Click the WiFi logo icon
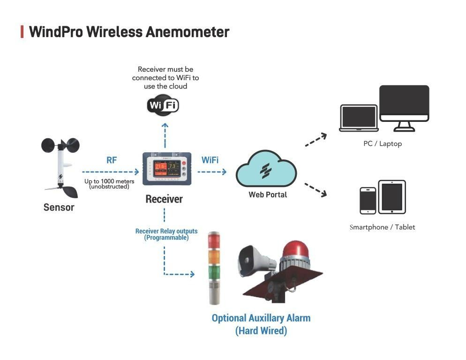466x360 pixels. point(163,105)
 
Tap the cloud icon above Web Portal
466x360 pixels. point(266,169)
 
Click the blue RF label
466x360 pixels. point(112,160)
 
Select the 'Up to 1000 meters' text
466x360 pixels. point(109,181)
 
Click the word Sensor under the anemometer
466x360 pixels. point(59,207)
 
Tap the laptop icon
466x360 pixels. point(359,118)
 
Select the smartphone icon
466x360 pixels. point(368,201)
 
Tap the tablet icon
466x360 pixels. point(391,197)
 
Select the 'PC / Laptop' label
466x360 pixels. point(383,144)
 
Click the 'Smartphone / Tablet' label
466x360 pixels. point(382,227)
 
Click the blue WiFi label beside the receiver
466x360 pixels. point(210,160)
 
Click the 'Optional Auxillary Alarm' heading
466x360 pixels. point(261,318)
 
